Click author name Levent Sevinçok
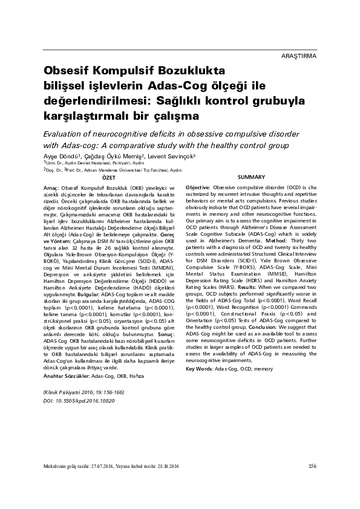click(x=181, y=157)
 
